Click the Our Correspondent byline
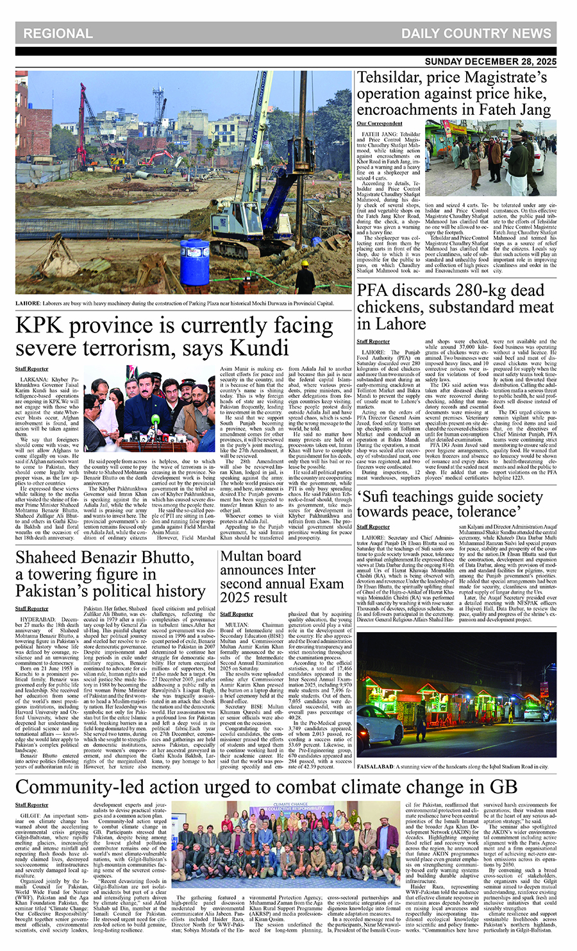point(380,123)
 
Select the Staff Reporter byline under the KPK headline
point(31,369)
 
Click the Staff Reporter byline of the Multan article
point(236,614)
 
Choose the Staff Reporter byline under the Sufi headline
point(373,526)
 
